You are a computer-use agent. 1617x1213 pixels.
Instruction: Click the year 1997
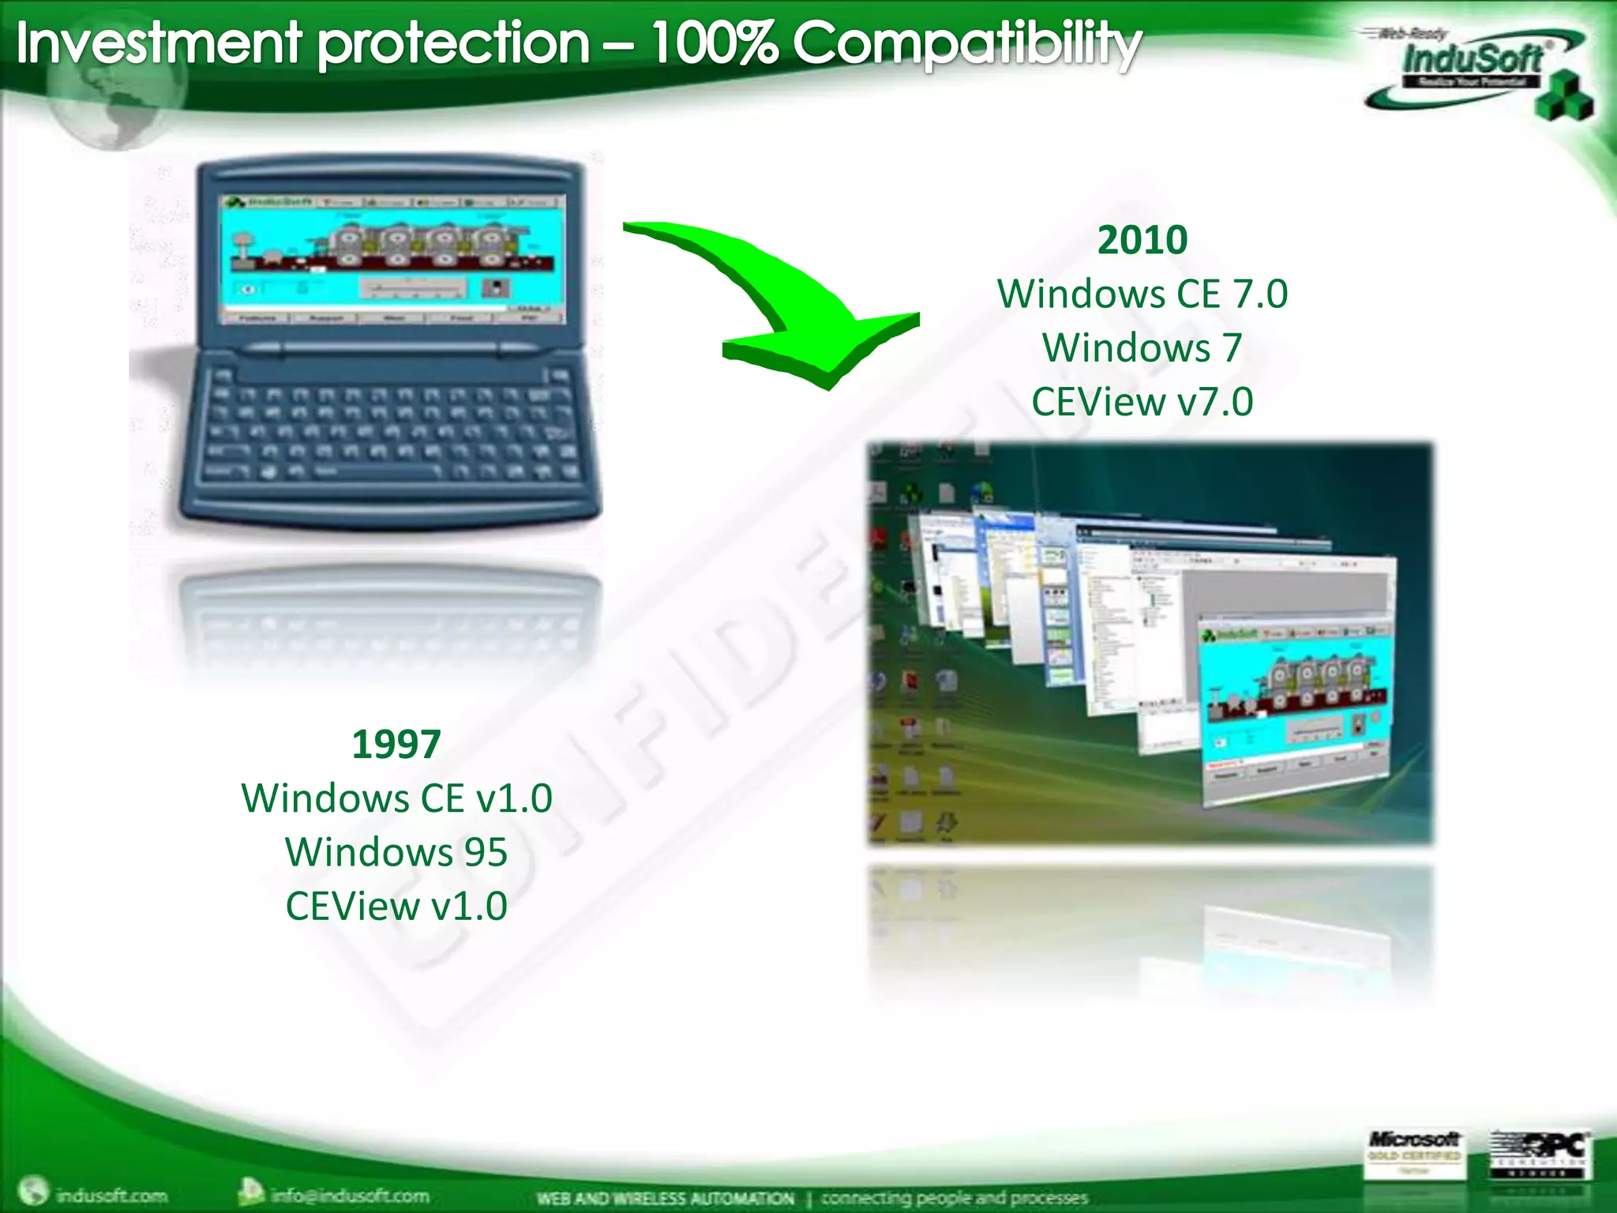click(396, 744)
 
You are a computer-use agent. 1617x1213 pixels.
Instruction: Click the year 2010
click(1142, 239)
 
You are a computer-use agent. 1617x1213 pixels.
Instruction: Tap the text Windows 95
click(396, 852)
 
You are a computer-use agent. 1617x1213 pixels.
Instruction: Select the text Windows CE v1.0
click(396, 798)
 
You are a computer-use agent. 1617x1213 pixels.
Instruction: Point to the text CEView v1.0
click(396, 906)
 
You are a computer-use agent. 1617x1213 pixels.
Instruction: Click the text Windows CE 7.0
click(1142, 294)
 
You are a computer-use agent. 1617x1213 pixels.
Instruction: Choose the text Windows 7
click(1142, 347)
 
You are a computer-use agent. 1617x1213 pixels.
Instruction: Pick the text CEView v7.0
click(1142, 401)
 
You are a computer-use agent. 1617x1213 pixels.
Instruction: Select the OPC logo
click(1539, 1154)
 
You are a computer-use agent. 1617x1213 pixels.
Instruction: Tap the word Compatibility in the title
click(966, 44)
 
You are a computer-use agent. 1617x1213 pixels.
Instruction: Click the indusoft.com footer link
click(111, 1195)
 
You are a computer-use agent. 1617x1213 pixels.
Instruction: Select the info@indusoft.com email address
click(349, 1195)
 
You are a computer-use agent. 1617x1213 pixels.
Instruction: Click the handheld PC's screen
click(393, 259)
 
